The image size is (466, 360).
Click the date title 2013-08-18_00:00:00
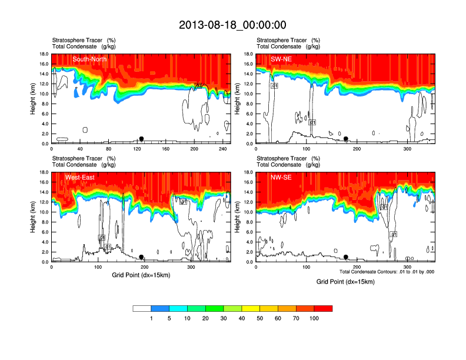[232, 25]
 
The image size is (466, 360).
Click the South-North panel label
[89, 59]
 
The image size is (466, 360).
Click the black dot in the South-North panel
[141, 139]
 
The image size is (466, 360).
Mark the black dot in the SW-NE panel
[346, 139]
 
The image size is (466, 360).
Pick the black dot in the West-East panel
[141, 257]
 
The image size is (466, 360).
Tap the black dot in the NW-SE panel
[346, 257]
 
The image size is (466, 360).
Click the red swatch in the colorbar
[323, 308]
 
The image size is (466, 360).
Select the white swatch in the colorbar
[142, 308]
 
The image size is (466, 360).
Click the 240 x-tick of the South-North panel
[223, 149]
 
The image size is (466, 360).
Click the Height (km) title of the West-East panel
[34, 217]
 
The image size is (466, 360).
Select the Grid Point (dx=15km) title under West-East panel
[141, 275]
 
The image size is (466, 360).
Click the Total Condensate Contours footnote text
[387, 272]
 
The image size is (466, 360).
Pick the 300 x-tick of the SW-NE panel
[408, 149]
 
